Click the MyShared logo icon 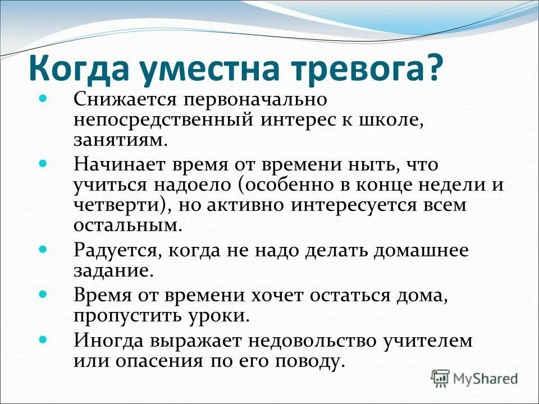coord(441,378)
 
